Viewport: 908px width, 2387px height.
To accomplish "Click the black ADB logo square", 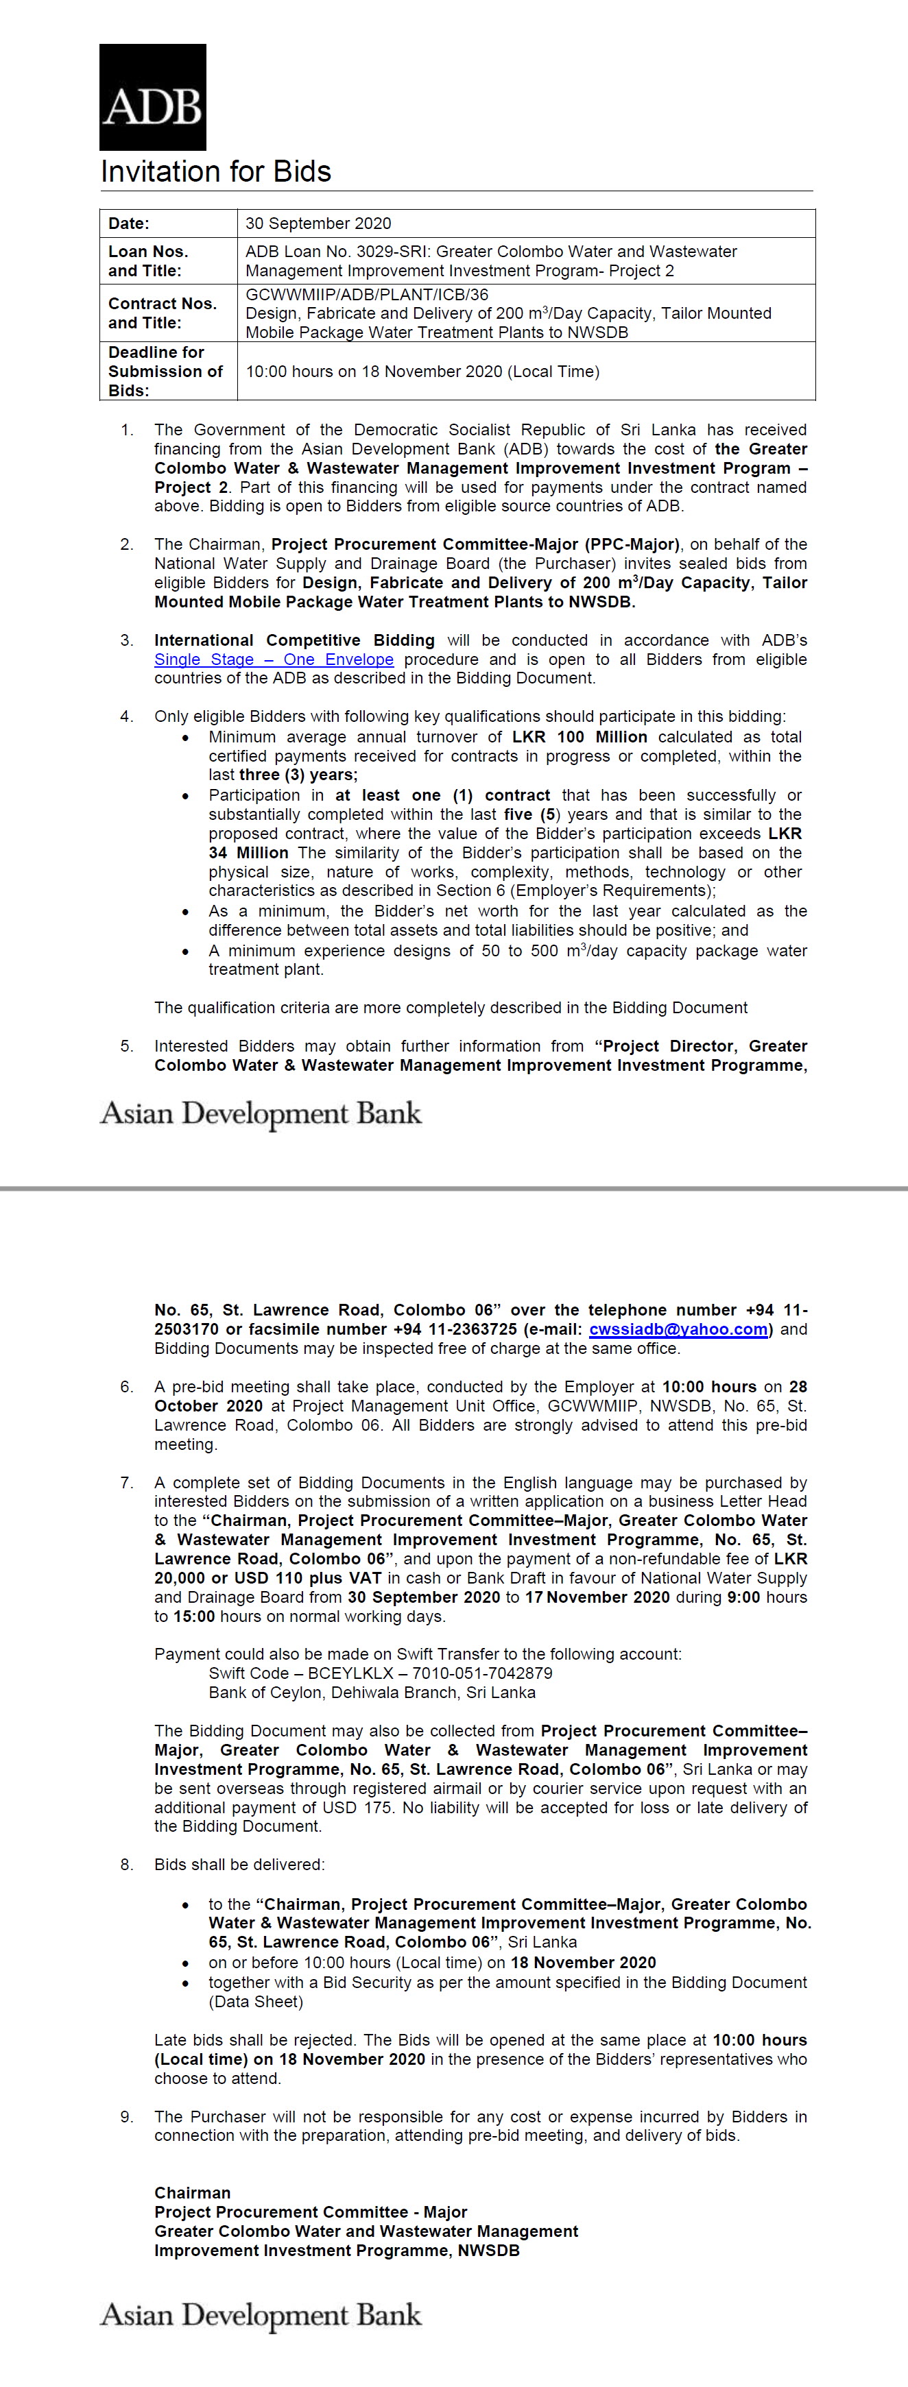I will (153, 97).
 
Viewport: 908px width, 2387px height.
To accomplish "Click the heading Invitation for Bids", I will (216, 172).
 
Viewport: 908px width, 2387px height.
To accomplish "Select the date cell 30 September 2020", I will (318, 223).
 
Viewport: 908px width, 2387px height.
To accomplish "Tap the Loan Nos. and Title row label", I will (148, 261).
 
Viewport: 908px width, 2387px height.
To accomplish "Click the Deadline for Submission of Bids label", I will (165, 372).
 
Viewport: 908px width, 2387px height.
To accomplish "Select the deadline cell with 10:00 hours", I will (422, 372).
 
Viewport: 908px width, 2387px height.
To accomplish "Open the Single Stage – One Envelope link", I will (274, 659).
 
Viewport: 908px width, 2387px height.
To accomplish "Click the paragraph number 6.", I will (126, 1388).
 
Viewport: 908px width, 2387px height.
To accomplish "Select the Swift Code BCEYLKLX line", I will (380, 1673).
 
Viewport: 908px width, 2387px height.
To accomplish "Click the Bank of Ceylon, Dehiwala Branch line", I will (372, 1693).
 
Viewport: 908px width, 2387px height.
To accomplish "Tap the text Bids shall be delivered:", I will (239, 1865).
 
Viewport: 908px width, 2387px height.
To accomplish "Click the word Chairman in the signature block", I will (193, 2193).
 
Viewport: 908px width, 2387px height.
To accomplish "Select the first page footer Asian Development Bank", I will (261, 1114).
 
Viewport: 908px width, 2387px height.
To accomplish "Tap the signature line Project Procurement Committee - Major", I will (311, 2213).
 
